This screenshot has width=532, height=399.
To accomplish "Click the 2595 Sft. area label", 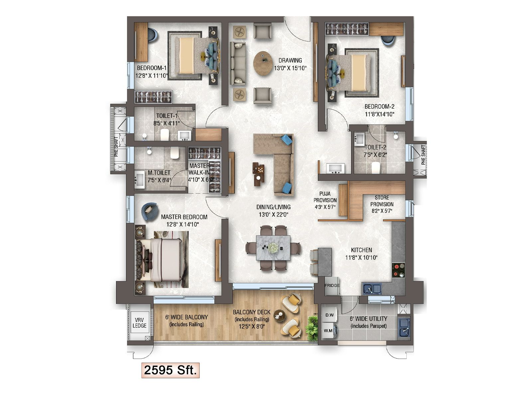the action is click(x=170, y=370).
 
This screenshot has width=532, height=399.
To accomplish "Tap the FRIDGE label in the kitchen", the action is click(x=332, y=285).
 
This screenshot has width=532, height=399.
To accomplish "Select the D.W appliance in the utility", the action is click(x=330, y=315).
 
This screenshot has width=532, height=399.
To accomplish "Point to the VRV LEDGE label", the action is click(x=139, y=323).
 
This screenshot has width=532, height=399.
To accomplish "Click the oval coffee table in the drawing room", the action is click(x=263, y=63).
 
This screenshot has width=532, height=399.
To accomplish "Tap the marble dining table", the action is click(x=273, y=248).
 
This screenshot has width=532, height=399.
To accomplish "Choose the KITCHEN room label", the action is click(x=361, y=250).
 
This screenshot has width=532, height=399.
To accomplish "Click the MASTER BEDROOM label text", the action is click(x=184, y=217).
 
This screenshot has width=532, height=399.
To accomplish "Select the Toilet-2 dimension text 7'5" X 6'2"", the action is click(x=375, y=155).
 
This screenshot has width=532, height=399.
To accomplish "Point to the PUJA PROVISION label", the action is click(x=325, y=197).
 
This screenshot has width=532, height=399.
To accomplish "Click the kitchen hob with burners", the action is click(x=398, y=270).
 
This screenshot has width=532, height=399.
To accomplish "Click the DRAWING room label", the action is click(x=290, y=60).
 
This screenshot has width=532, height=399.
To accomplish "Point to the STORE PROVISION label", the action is click(x=382, y=201).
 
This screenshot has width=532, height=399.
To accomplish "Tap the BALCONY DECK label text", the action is click(x=252, y=312).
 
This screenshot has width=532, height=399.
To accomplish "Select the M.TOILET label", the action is click(x=159, y=173).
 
